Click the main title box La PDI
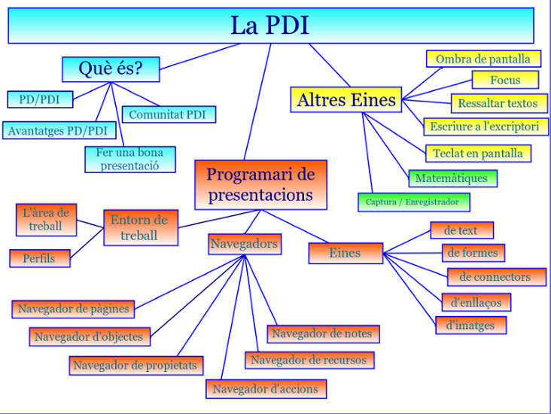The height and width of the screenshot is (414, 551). coord(270,26)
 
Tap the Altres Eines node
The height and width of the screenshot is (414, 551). coord(346,99)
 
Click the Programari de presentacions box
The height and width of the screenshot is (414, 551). coord(260,184)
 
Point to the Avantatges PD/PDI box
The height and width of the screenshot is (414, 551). coord(57,130)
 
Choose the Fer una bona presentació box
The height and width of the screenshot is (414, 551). coord(129,159)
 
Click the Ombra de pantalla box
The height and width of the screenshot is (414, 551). coord(483,59)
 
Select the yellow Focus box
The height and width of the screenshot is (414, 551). coord(505,80)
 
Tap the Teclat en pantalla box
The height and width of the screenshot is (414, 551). coord(477,153)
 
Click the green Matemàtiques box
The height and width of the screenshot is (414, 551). coord(452,178)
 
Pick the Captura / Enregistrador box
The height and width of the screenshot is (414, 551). coord(412,202)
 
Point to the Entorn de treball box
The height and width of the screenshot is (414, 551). coord(139,227)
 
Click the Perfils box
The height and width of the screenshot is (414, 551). coord(42,257)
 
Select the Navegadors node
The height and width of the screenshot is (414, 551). coord(244,243)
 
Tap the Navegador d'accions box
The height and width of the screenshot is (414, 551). coord(265,388)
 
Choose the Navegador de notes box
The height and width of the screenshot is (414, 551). coord(321,333)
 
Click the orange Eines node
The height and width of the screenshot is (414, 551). coord(345,253)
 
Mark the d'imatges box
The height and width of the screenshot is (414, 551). coord(470,325)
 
